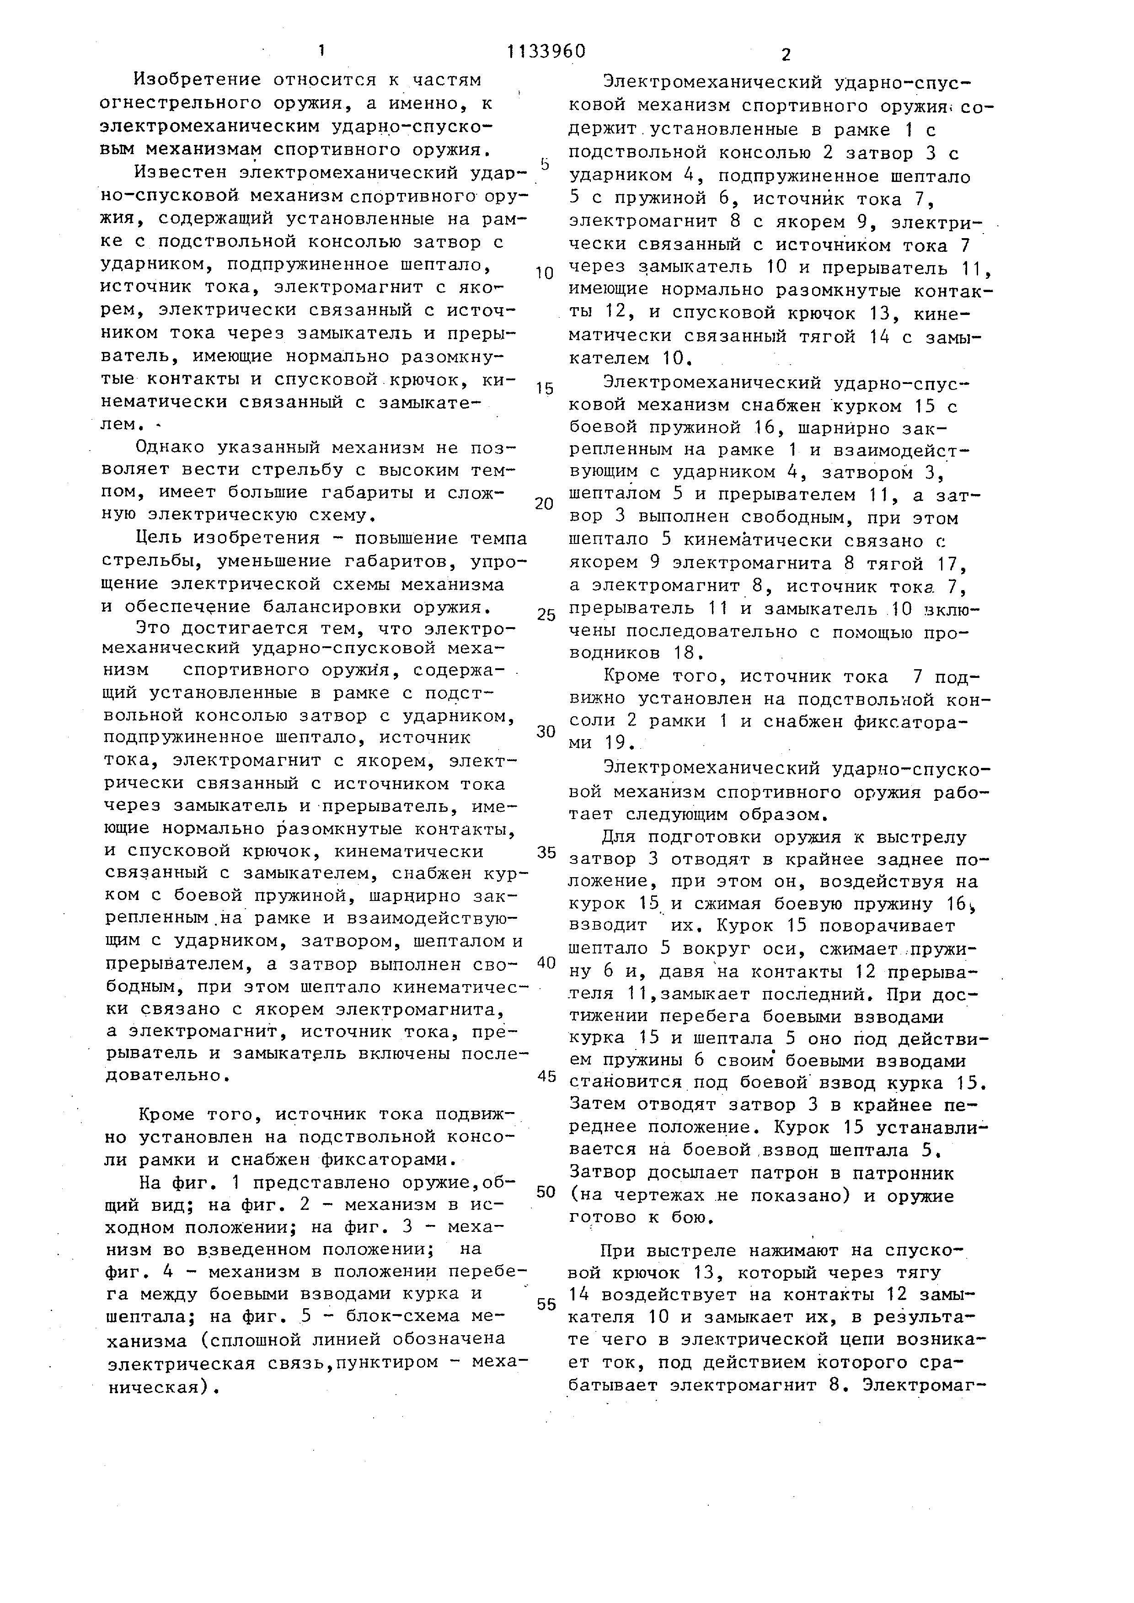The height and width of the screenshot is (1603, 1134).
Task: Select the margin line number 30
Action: pos(546,731)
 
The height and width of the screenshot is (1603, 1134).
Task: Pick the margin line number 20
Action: pos(545,503)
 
